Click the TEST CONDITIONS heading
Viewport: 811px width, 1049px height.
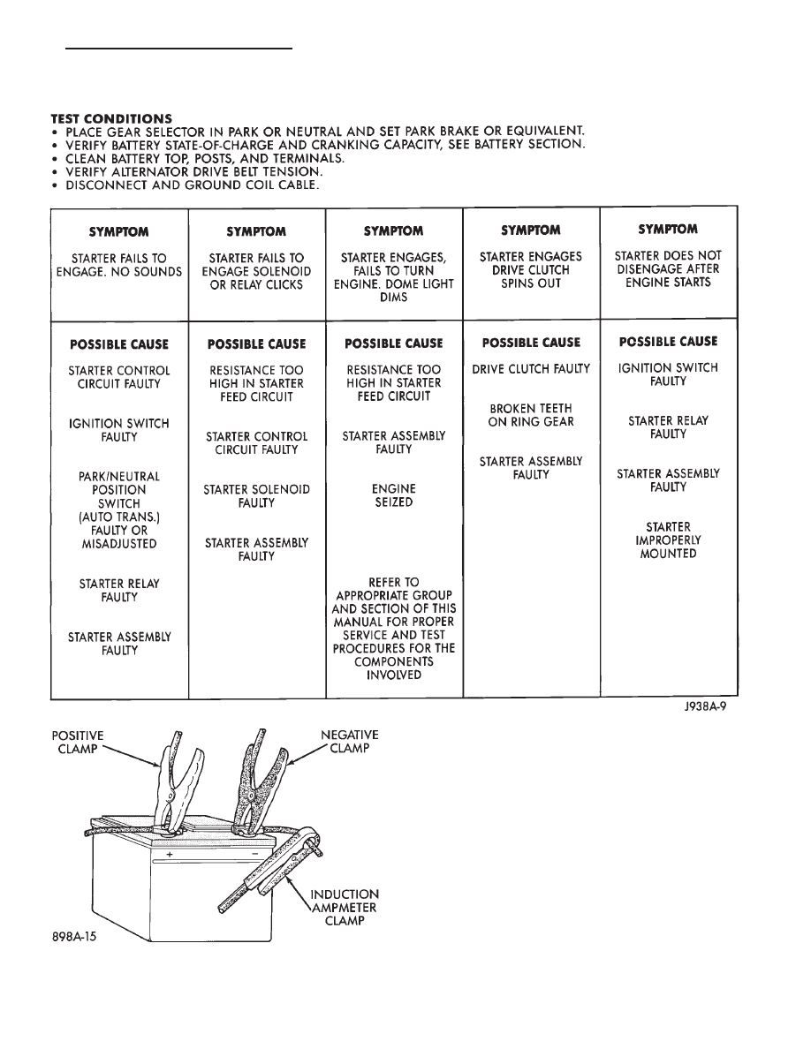pos(111,118)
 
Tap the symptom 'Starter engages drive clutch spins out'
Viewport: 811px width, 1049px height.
pos(531,270)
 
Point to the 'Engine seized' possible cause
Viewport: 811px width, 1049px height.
pos(394,495)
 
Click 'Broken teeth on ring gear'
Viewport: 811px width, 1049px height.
pos(531,415)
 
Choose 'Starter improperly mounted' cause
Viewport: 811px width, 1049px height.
pos(668,540)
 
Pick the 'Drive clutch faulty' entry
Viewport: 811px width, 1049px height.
pos(531,369)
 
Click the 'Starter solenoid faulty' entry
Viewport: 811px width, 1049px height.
pos(256,496)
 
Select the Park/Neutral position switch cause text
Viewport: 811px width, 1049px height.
pos(118,510)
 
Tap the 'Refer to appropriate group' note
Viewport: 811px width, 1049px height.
pos(394,629)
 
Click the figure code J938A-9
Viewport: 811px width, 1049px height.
pos(703,706)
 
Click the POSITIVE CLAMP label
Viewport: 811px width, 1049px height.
pos(77,742)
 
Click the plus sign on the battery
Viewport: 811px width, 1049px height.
pos(168,854)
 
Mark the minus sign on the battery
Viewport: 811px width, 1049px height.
pos(254,854)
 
